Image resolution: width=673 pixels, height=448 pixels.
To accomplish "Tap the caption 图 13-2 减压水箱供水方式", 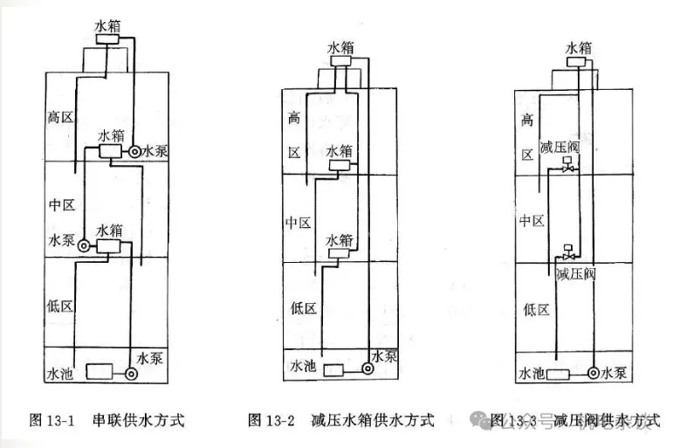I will [340, 420].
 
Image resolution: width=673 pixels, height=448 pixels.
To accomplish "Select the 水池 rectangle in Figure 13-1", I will [93, 372].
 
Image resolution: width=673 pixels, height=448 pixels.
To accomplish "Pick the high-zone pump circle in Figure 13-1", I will [135, 152].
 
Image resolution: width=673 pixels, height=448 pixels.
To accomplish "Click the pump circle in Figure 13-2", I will [370, 370].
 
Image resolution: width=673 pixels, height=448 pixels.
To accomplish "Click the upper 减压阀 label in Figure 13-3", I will [560, 146].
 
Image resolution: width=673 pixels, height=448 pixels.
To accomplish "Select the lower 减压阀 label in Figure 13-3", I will [575, 273].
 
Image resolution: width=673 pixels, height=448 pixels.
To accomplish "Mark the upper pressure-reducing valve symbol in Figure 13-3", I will [569, 165].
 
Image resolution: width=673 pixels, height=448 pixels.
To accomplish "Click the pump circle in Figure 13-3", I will [593, 373].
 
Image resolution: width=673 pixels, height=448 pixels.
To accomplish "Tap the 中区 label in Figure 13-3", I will [532, 220].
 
